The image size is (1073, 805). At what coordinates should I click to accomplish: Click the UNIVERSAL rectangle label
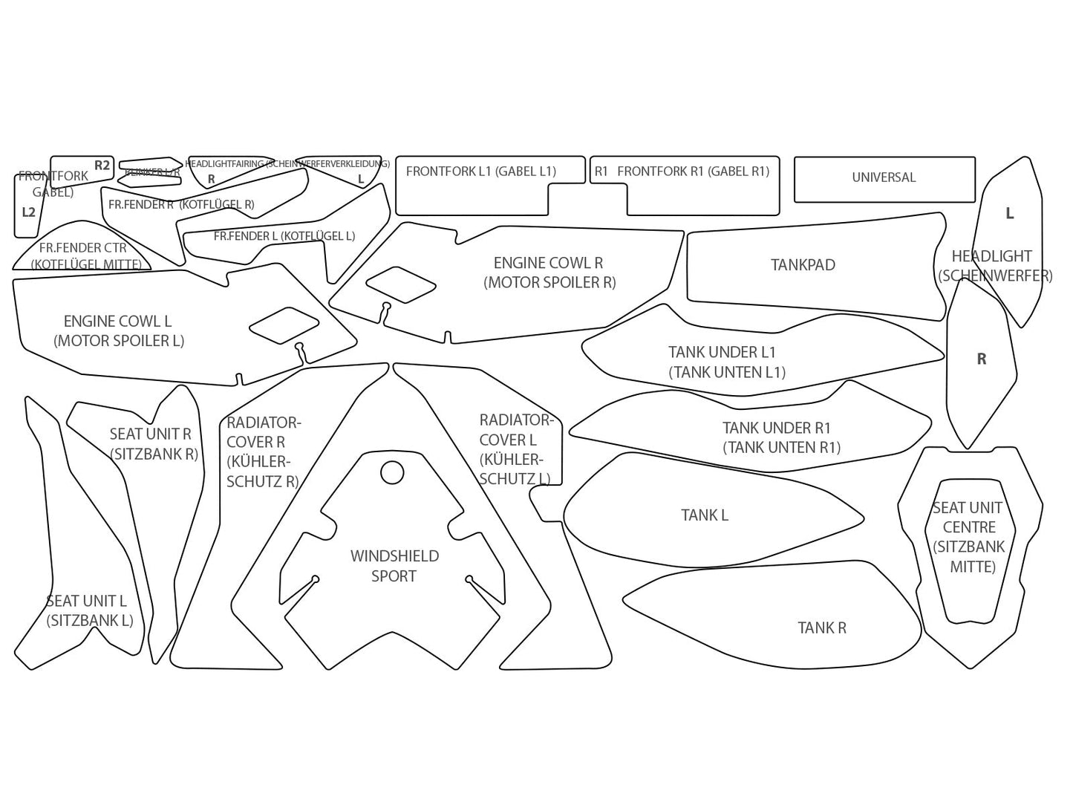click(884, 177)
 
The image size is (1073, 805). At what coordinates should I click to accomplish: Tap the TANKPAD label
click(803, 265)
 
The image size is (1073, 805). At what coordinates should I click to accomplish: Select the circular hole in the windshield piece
click(392, 473)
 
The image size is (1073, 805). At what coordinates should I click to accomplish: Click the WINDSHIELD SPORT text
click(394, 566)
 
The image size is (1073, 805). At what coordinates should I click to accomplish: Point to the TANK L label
click(705, 515)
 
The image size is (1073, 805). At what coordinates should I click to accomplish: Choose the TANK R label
click(822, 628)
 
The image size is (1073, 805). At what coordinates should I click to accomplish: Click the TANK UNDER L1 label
click(726, 362)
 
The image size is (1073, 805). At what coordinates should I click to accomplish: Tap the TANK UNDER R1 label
click(780, 437)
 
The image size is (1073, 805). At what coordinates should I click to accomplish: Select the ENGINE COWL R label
click(549, 273)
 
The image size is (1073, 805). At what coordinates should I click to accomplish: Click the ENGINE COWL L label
click(118, 331)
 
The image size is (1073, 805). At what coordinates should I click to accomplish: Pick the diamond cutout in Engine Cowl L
click(284, 325)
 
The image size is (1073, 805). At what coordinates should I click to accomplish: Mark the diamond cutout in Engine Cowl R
click(401, 285)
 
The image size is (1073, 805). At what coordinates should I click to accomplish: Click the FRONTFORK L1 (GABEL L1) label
click(480, 172)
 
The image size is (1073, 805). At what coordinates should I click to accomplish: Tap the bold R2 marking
click(102, 166)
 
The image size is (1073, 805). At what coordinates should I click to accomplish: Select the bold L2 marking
click(28, 212)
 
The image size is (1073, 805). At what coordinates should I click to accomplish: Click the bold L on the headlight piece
click(1009, 214)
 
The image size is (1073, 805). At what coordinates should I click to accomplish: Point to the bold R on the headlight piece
click(981, 359)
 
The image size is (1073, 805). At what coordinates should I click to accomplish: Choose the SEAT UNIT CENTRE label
click(967, 537)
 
